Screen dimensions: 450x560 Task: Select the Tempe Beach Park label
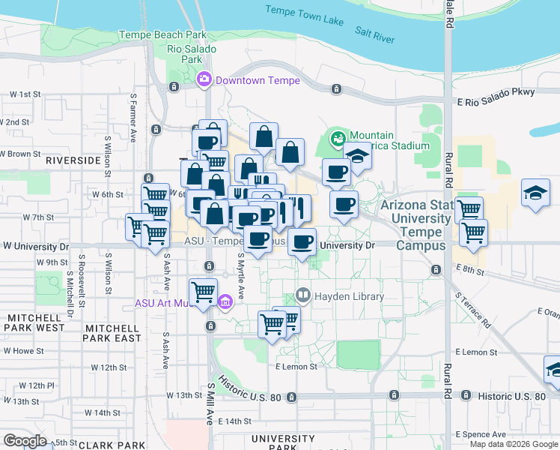(x=162, y=34)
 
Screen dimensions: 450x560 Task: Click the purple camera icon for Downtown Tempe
(x=203, y=80)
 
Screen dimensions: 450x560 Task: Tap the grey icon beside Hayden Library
(x=303, y=296)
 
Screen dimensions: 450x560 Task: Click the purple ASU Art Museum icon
(x=225, y=303)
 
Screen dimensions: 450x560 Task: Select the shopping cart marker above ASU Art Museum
(x=203, y=292)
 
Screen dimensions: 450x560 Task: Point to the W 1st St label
(x=25, y=94)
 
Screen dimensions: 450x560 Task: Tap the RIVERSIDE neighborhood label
(x=73, y=160)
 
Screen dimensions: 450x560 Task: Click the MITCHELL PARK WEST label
(x=36, y=323)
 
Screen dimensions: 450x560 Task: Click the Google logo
(x=25, y=441)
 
